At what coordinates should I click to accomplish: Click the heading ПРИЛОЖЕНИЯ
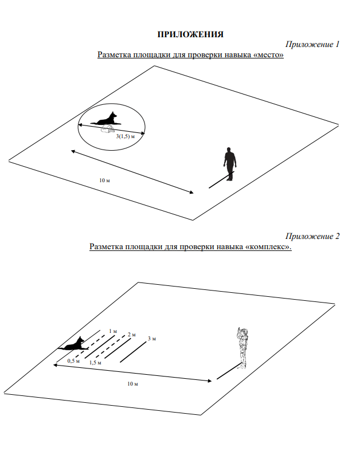click(x=190, y=34)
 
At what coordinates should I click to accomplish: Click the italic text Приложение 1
click(x=312, y=44)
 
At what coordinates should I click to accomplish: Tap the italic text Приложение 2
click(x=312, y=236)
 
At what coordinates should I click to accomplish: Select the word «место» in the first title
click(x=268, y=55)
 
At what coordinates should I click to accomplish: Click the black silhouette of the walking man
click(x=230, y=164)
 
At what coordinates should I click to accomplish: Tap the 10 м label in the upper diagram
click(x=104, y=180)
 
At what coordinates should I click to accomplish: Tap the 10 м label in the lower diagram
click(x=132, y=384)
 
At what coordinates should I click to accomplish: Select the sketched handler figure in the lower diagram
click(x=243, y=348)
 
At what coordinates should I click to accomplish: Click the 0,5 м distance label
click(x=73, y=361)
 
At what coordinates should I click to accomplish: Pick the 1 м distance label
click(x=113, y=331)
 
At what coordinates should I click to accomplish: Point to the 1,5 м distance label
click(x=95, y=363)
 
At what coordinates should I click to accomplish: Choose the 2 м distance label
click(x=132, y=335)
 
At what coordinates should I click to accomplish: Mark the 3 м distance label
click(x=152, y=339)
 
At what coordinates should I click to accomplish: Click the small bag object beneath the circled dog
click(x=108, y=129)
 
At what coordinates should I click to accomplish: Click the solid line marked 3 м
click(x=133, y=352)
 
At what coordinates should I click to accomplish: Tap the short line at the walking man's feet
click(x=221, y=179)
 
